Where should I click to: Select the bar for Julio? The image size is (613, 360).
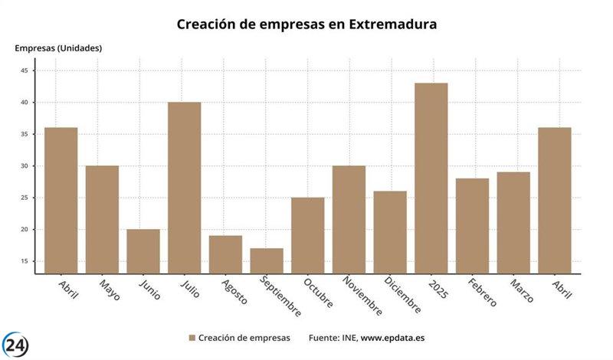click(x=184, y=188)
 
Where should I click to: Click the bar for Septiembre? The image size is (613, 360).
click(x=267, y=260)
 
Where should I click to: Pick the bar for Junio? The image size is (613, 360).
click(x=143, y=251)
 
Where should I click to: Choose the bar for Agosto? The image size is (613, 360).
click(x=225, y=254)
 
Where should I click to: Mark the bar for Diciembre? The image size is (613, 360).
click(x=390, y=232)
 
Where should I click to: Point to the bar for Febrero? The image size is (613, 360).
click(x=472, y=226)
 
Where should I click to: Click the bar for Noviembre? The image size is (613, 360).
click(x=349, y=219)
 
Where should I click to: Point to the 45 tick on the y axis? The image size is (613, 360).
click(x=25, y=70)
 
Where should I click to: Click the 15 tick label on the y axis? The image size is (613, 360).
click(x=25, y=261)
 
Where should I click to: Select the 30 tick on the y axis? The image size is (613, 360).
click(x=25, y=166)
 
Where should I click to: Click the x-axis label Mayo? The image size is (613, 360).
click(x=109, y=289)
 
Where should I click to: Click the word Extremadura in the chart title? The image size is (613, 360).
click(x=393, y=25)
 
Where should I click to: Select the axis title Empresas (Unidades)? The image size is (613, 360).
click(x=58, y=48)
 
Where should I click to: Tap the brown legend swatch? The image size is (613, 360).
click(x=192, y=338)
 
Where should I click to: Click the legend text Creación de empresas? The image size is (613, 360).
click(x=244, y=338)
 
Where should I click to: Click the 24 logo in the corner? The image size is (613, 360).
click(x=16, y=345)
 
